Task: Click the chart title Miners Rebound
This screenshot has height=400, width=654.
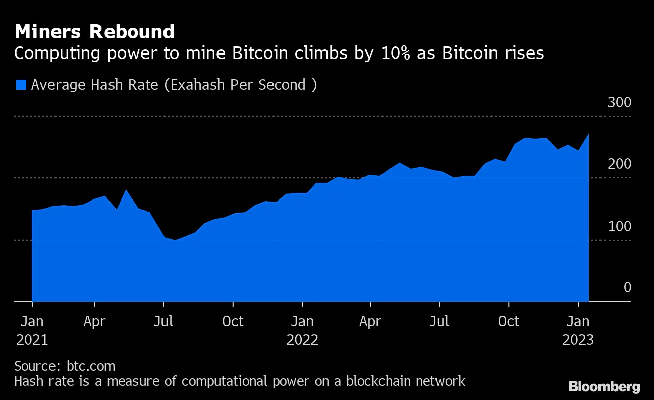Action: [94, 32]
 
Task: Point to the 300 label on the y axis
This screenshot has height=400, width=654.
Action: [619, 103]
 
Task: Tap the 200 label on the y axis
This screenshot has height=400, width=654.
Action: [619, 164]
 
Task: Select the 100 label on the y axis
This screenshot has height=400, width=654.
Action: [619, 226]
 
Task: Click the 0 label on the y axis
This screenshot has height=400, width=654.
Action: [627, 288]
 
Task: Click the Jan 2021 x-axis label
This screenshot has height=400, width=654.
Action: [32, 330]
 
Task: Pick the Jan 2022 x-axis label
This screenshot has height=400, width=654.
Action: [302, 330]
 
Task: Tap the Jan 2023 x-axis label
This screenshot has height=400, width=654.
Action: [578, 330]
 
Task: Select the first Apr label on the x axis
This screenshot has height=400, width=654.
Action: [95, 321]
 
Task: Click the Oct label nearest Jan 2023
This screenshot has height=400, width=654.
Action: [508, 321]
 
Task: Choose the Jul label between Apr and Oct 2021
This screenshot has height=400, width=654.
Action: [163, 321]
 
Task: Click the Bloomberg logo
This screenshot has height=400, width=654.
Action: [604, 386]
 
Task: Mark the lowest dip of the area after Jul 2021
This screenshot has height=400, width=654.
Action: [175, 240]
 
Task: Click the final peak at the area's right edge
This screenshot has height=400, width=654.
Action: [588, 134]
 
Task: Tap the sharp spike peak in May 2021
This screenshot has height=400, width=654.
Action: [126, 190]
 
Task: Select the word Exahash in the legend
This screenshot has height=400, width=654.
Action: [198, 85]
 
